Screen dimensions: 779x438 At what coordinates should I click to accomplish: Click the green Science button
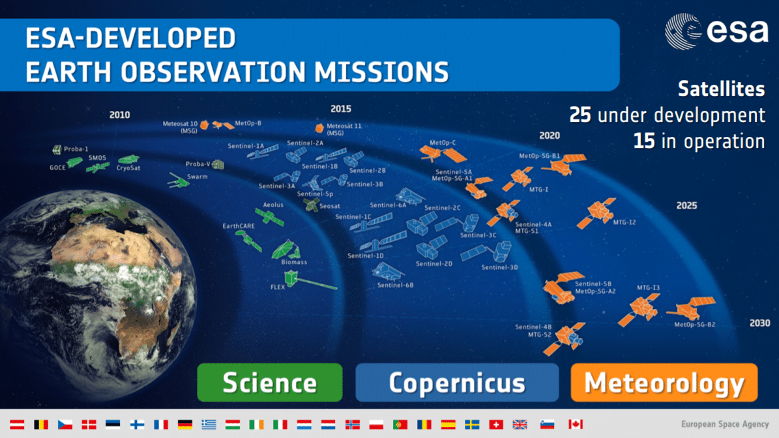(270, 383)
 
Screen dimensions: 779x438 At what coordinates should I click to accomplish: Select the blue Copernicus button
(457, 383)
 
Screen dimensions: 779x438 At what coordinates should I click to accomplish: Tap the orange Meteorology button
(664, 383)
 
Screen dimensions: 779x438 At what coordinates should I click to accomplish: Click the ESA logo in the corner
(716, 31)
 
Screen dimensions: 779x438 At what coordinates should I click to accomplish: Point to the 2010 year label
(120, 115)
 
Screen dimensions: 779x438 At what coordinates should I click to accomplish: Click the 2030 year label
(759, 323)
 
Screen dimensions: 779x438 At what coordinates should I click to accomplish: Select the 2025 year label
(686, 205)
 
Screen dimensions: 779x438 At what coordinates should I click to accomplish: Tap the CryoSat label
(128, 168)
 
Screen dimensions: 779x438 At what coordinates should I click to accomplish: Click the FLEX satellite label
(278, 287)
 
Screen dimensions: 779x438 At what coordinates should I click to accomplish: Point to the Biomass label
(294, 262)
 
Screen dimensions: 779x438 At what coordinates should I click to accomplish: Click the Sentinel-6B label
(396, 285)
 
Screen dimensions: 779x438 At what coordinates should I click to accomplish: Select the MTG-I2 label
(625, 222)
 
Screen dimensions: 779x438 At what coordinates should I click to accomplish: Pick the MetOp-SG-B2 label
(694, 325)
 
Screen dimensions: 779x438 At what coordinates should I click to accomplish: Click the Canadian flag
(576, 424)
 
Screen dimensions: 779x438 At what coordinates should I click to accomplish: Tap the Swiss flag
(496, 424)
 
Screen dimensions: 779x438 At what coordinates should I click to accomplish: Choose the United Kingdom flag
(520, 424)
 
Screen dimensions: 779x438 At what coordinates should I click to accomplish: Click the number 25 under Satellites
(580, 115)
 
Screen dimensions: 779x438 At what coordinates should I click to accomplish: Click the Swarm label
(198, 177)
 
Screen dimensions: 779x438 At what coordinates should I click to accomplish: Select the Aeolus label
(273, 205)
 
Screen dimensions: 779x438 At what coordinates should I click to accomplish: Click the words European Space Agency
(725, 424)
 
